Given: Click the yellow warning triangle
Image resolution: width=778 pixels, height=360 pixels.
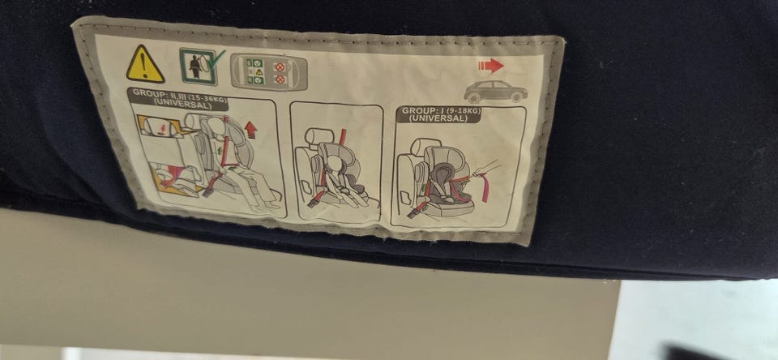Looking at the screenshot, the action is tap(145, 65).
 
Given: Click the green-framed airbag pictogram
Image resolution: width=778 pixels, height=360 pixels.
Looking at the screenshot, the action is tap(198, 66).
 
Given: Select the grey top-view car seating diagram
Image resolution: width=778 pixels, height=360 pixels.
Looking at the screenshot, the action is tap(269, 72).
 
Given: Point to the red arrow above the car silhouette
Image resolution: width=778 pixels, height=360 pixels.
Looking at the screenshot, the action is tap(491, 66).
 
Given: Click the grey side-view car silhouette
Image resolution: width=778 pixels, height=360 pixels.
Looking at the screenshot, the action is tap(495, 92).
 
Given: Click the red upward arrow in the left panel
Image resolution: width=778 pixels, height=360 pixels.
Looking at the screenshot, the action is tap(250, 130).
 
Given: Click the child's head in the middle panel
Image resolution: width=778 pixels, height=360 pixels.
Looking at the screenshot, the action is tap(335, 164).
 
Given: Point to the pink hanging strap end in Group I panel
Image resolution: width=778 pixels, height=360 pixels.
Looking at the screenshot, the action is tap(485, 190).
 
